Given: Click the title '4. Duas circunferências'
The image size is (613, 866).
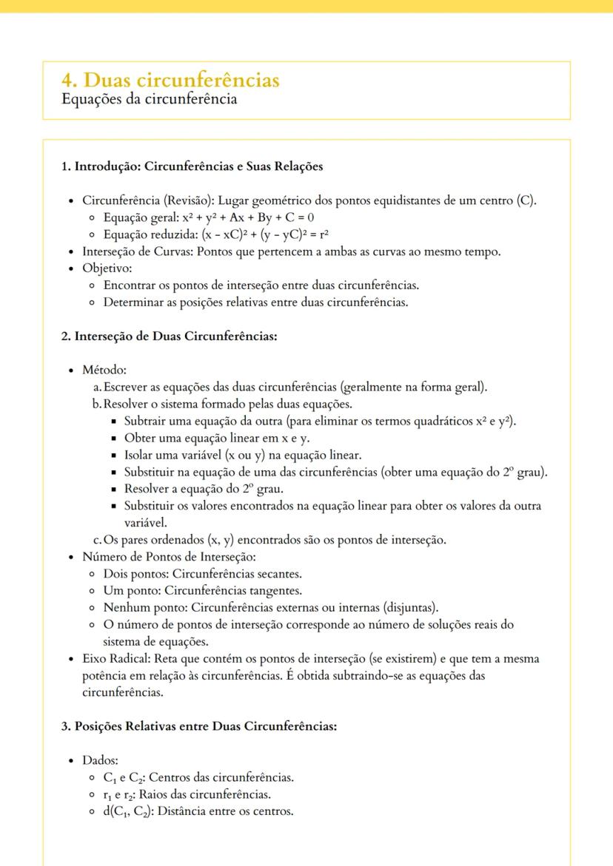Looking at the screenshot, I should tap(171, 80).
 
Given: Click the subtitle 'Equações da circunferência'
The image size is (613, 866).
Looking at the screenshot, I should tap(150, 99).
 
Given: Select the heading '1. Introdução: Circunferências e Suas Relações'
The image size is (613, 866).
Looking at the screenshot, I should tap(192, 166).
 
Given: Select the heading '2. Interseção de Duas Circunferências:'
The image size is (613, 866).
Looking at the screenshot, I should tap(169, 336).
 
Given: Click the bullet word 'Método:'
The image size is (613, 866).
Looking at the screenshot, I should tap(104, 370).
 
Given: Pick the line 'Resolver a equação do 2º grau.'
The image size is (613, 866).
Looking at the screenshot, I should tap(204, 489).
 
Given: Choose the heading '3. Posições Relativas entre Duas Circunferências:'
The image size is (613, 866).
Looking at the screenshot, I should tap(198, 725).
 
